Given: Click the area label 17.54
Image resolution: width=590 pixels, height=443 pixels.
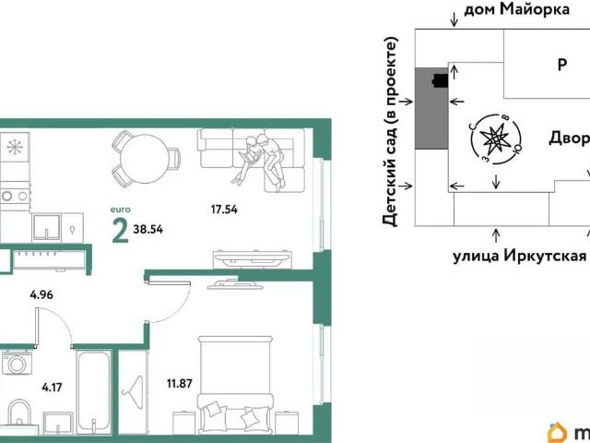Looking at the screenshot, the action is [224, 210].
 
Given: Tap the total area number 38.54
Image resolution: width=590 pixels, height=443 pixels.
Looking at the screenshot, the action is [148, 229].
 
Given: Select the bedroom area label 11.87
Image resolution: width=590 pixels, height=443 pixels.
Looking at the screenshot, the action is [180, 384].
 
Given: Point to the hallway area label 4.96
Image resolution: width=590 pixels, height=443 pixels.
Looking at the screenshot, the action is [41, 294].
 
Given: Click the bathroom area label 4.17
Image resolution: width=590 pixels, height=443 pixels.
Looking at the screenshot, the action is [52, 388].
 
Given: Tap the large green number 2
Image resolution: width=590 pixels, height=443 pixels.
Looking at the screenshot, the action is [121, 230].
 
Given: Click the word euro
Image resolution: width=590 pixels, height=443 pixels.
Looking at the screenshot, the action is [121, 210].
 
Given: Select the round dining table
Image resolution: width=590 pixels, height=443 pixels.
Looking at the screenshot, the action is [146, 158].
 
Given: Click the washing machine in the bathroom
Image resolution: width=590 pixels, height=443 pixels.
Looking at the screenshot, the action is [17, 363].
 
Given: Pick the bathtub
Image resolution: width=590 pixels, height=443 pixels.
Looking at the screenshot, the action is [94, 391].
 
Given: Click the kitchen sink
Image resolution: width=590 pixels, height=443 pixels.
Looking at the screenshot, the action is [46, 228].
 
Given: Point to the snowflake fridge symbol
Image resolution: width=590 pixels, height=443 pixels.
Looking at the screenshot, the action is [15, 146].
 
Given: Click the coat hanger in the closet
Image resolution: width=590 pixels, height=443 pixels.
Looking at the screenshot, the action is [135, 390].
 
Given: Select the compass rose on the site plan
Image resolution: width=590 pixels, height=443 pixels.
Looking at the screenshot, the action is [496, 139].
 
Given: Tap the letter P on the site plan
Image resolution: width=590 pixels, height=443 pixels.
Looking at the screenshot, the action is [561, 65].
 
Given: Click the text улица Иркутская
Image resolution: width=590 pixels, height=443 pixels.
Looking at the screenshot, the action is [520, 257].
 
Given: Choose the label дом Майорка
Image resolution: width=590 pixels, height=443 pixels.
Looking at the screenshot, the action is [516, 10].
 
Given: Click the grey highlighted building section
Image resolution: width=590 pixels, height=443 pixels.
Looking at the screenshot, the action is [431, 108].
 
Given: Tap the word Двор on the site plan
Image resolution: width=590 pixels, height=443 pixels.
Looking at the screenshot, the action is [569, 138].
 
